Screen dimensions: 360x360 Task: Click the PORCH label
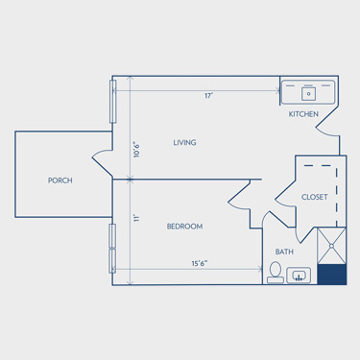(x=60, y=180)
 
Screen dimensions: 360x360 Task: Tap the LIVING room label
(x=184, y=142)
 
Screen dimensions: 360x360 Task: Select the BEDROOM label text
(x=184, y=227)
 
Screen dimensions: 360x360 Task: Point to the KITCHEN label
(x=303, y=114)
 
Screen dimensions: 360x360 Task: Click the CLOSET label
(x=315, y=197)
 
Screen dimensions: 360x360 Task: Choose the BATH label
(x=284, y=252)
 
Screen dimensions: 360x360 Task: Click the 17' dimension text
(x=209, y=96)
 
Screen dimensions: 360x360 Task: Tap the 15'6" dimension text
(x=200, y=263)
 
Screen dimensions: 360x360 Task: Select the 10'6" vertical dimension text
(x=136, y=150)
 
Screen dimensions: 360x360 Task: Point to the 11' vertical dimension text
(x=136, y=219)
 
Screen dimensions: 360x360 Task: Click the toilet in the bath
(x=276, y=273)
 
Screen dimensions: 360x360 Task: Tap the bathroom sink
(x=299, y=276)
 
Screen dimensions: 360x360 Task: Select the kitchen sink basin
(x=308, y=94)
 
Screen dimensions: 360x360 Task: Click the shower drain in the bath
(x=331, y=246)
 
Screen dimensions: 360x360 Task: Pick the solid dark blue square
(x=332, y=275)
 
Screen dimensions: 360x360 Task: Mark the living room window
(x=112, y=102)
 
